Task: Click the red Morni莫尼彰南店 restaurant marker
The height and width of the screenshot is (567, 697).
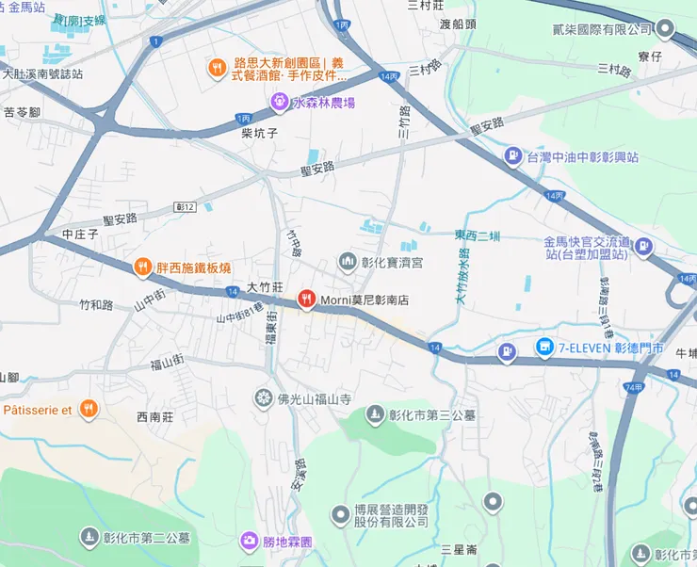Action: [306, 300]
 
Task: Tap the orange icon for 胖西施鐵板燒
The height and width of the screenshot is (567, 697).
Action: [142, 267]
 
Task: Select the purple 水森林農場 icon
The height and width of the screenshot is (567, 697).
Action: [279, 102]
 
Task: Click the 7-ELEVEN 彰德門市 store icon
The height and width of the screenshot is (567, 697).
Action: [543, 348]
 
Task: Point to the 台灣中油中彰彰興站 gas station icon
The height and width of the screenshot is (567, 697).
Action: [512, 156]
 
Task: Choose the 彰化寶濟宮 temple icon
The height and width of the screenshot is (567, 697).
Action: [348, 260]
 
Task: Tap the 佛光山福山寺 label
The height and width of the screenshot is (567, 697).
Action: [314, 399]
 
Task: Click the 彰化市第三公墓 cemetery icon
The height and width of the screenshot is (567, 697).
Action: [376, 414]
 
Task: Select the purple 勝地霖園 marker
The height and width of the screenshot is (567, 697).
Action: [249, 541]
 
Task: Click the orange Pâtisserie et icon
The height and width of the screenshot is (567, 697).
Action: [88, 409]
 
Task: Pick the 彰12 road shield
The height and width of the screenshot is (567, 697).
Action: [185, 206]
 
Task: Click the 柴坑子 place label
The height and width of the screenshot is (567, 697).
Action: [259, 134]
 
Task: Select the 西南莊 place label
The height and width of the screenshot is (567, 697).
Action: [155, 416]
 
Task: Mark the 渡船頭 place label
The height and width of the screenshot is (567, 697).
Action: [458, 24]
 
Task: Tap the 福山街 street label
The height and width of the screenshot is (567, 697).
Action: [170, 364]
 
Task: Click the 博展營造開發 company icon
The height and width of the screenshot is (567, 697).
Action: [340, 514]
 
